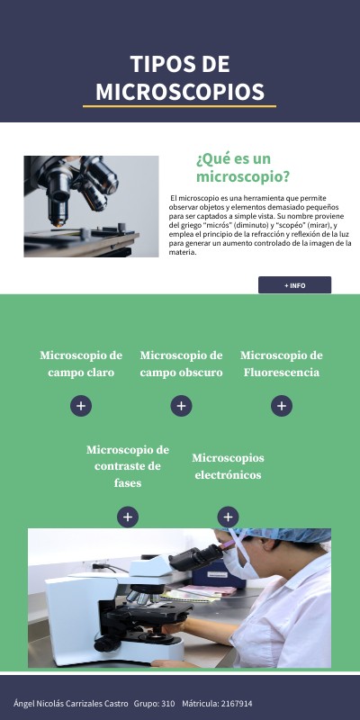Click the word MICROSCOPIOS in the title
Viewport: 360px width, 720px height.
[x=180, y=92]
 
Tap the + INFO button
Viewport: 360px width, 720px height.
[x=294, y=285]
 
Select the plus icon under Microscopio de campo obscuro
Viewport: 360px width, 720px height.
[x=182, y=406]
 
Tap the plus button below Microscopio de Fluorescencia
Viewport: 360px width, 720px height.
[x=282, y=406]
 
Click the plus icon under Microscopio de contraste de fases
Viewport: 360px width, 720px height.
[x=128, y=517]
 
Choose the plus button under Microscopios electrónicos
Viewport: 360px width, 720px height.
[x=228, y=517]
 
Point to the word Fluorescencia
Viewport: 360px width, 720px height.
[x=282, y=373]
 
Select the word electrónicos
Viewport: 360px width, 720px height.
[x=228, y=475]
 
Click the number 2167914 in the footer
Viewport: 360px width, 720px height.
[x=237, y=704]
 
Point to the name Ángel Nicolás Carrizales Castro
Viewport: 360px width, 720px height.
[x=71, y=704]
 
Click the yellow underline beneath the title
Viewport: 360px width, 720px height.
[x=179, y=106]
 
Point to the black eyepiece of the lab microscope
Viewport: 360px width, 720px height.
[x=196, y=557]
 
